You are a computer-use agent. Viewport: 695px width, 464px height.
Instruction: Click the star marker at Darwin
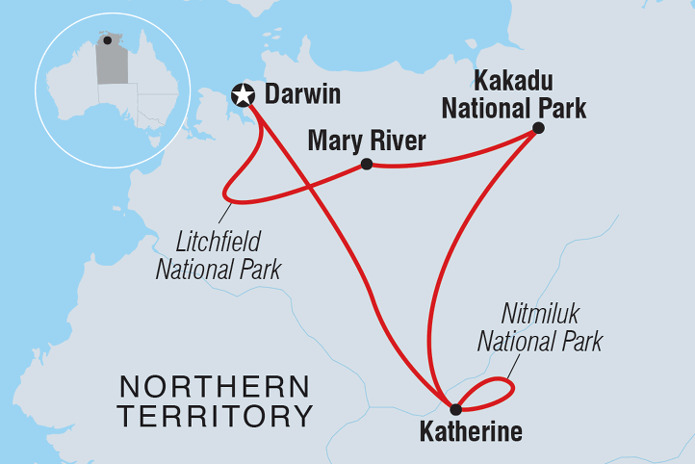pyautogui.click(x=244, y=94)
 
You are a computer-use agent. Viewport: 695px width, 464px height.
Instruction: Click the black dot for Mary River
pyautogui.click(x=367, y=165)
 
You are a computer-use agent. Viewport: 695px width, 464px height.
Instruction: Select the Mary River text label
pyautogui.click(x=366, y=142)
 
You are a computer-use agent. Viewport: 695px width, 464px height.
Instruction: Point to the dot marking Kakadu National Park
pyautogui.click(x=538, y=128)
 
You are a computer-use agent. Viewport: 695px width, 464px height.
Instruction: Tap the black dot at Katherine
pyautogui.click(x=442, y=409)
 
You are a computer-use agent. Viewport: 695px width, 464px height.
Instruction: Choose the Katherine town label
pyautogui.click(x=471, y=432)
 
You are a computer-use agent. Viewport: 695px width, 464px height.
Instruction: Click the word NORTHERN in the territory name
pyautogui.click(x=214, y=387)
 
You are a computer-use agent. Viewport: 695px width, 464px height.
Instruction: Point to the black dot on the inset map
pyautogui.click(x=108, y=40)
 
